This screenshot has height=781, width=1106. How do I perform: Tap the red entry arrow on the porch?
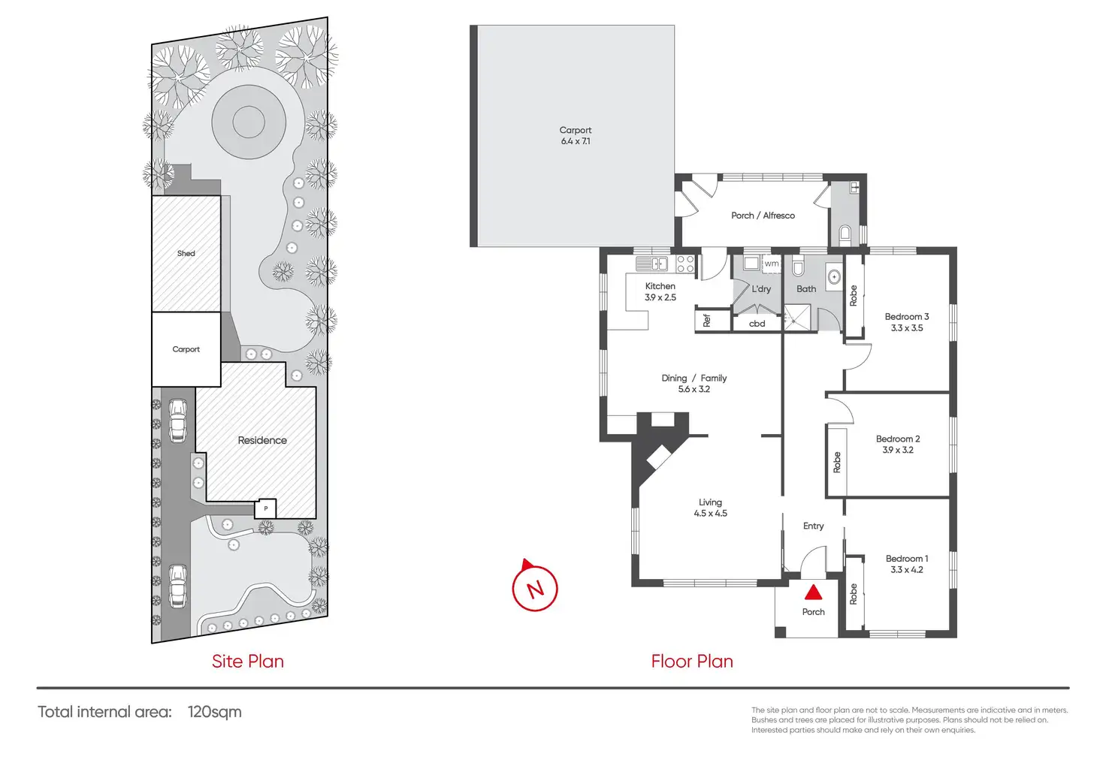813,593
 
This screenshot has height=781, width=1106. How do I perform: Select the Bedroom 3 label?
906,317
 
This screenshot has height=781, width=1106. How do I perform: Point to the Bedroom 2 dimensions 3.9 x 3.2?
898,450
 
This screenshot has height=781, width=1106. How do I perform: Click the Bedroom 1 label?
906,559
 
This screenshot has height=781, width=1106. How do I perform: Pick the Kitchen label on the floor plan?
660,286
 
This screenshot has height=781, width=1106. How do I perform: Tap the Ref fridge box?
707,321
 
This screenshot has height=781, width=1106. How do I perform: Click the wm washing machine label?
772,264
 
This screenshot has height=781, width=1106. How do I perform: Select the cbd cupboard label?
757,324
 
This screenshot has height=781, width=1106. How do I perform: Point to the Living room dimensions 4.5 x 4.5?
710,514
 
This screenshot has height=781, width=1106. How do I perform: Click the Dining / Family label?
694,378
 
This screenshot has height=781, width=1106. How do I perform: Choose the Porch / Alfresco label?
763,216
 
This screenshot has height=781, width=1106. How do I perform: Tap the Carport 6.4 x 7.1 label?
576,135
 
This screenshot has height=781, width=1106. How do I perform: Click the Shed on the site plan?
186,254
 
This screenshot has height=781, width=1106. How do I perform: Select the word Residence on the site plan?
262,441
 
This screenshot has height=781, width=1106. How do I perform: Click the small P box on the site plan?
265,509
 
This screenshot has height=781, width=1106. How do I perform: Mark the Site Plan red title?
247,662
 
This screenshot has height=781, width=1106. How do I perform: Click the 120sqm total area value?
214,712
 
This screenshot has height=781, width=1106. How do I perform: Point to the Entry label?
813,526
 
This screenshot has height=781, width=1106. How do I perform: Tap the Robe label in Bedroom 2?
837,462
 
